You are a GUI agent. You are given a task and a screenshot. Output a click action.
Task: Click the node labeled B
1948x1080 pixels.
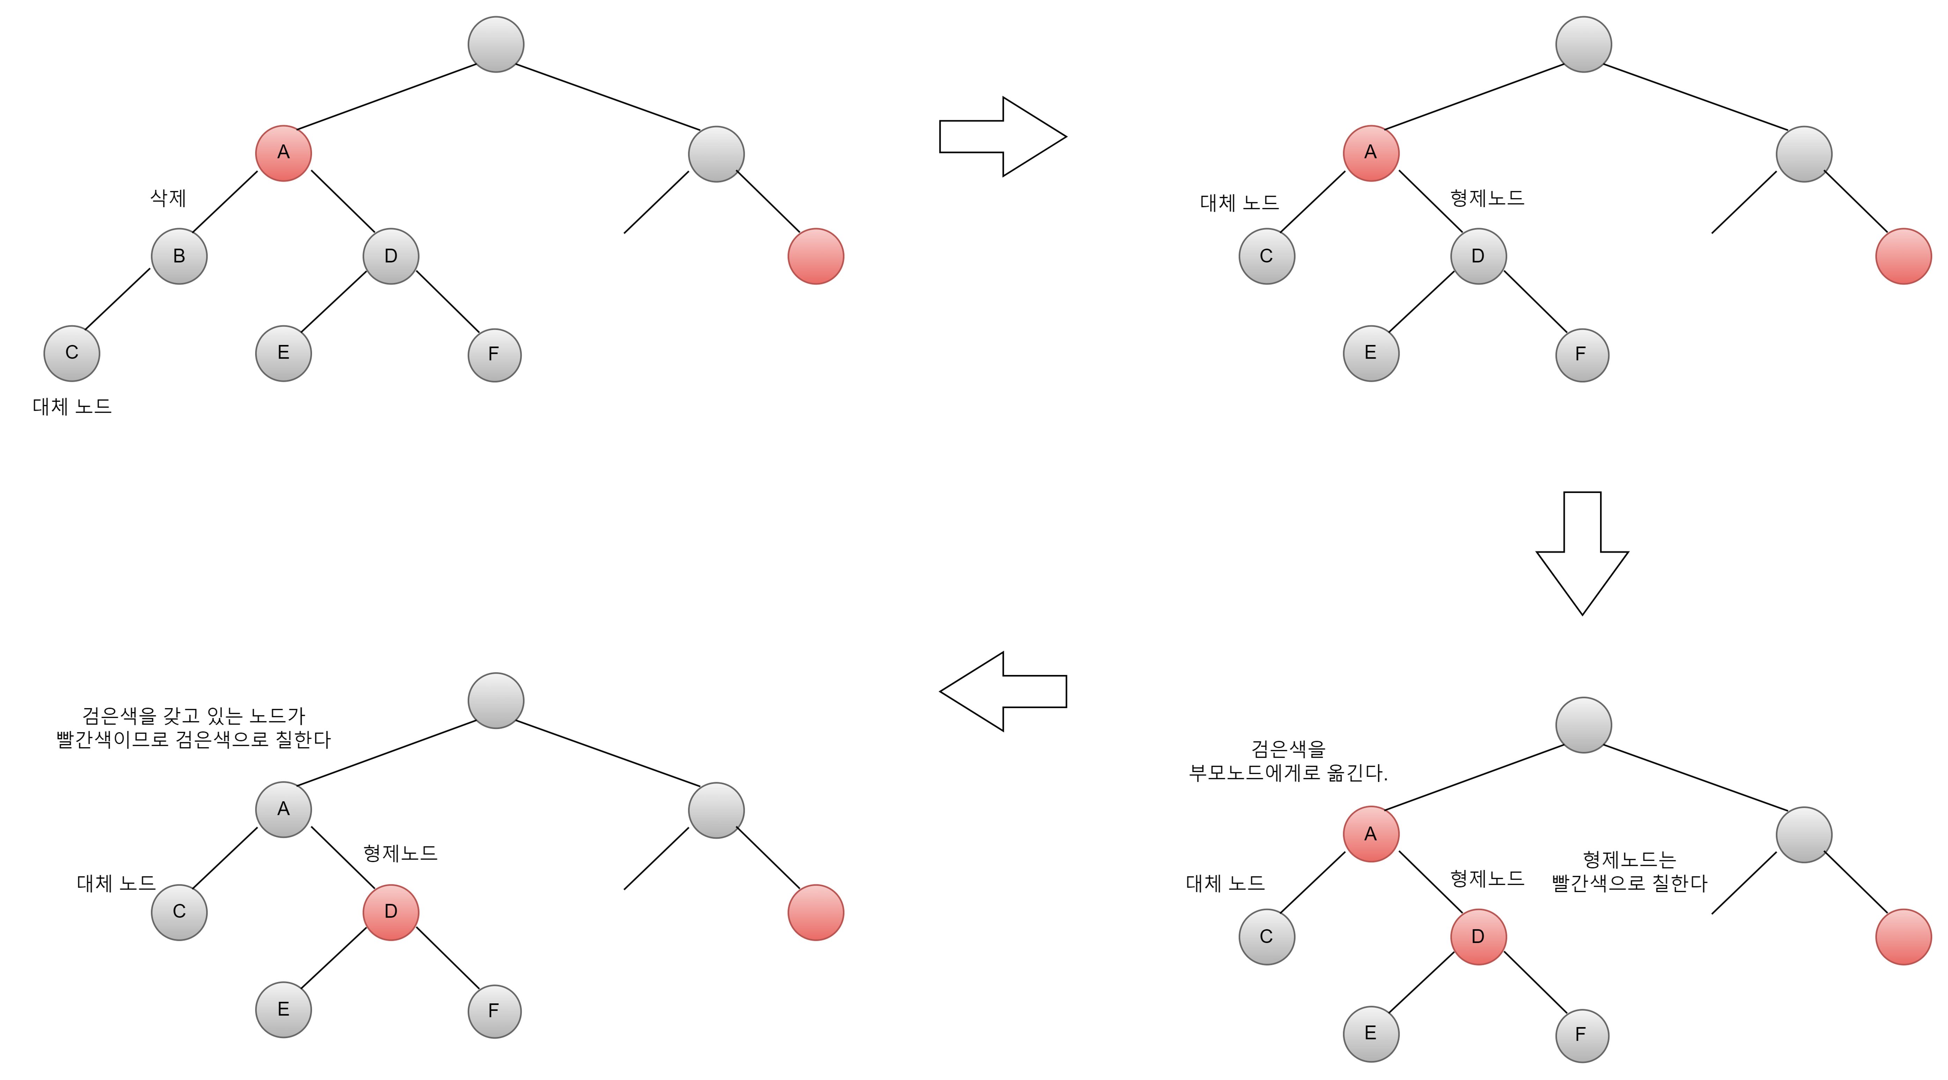pos(179,256)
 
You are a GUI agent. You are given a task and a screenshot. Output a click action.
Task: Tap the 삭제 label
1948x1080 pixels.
pos(168,198)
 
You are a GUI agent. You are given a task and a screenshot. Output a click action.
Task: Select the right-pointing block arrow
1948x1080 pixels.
pos(1003,137)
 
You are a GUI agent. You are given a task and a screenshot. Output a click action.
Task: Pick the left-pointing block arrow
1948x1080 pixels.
pos(1003,691)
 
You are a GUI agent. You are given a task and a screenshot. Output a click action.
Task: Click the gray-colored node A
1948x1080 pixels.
pos(283,809)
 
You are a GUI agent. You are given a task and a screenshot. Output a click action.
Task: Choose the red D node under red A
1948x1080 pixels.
pos(1479,937)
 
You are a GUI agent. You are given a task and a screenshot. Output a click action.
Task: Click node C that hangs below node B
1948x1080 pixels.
pos(72,353)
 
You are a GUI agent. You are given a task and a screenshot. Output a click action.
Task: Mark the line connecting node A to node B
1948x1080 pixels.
pos(225,202)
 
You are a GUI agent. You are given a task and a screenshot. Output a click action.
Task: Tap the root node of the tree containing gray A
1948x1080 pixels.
pos(496,700)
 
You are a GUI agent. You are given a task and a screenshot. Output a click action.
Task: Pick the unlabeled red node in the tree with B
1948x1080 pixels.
pos(816,256)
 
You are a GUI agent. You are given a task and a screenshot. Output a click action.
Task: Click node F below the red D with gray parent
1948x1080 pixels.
pos(495,1011)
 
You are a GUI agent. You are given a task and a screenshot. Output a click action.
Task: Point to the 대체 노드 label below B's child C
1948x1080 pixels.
pos(72,407)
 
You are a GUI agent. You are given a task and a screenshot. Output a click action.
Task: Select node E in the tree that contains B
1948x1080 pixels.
pos(283,353)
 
